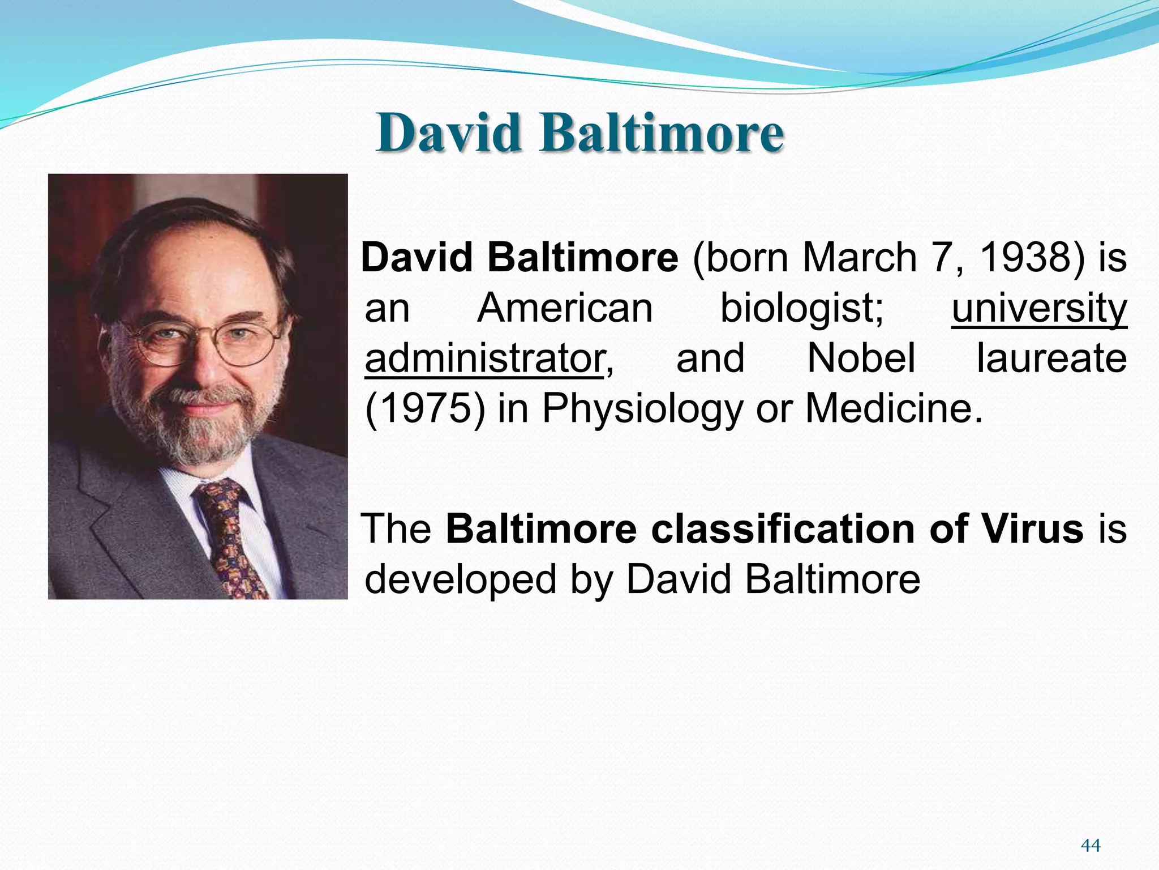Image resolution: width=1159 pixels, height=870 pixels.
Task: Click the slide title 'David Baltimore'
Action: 579,133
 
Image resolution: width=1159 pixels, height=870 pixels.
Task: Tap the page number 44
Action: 1091,845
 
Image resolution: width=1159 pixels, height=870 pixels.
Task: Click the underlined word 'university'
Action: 1039,309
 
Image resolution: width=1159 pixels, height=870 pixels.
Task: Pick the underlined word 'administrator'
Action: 484,359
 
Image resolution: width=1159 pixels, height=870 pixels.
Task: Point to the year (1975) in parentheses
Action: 425,408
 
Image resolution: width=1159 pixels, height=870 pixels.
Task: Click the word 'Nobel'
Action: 861,359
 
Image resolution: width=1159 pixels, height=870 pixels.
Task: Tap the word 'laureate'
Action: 1051,359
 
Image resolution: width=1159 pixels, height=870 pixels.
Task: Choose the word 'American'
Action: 565,309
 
